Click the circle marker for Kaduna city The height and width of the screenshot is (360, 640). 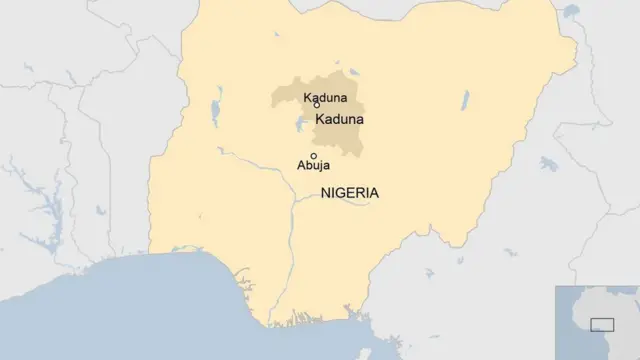tap(317, 105)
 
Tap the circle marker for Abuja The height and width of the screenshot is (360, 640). tap(314, 155)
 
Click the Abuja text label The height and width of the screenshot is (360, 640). tap(314, 168)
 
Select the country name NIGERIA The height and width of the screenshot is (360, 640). tap(350, 193)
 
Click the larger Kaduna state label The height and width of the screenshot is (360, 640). tap(339, 119)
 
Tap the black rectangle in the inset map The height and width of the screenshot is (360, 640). tap(602, 323)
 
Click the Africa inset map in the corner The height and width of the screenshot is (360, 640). tap(597, 322)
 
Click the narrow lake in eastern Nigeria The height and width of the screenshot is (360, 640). tap(465, 99)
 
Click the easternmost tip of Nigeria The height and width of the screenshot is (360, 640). tap(578, 45)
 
